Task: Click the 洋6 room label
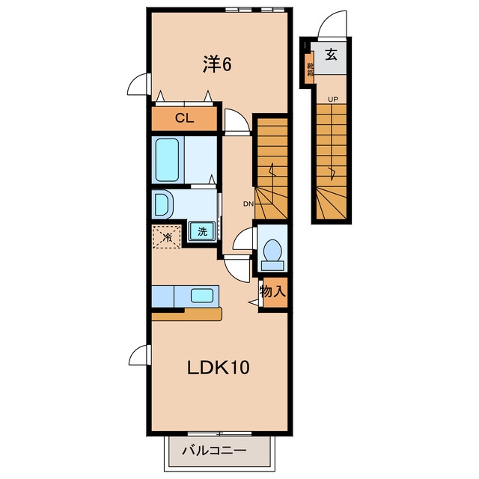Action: point(217,64)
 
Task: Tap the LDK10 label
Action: point(218,367)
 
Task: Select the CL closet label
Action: point(184,118)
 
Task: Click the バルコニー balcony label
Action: point(215,451)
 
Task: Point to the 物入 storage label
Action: point(272,291)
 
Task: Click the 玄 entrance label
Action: point(331,55)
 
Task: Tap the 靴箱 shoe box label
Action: point(311,70)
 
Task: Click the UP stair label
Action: point(333,100)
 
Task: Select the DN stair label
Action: point(248,204)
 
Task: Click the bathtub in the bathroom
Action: point(167,159)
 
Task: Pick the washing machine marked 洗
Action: point(202,231)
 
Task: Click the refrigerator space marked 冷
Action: point(167,237)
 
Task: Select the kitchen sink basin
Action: point(202,296)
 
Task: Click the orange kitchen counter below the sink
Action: point(186,314)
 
